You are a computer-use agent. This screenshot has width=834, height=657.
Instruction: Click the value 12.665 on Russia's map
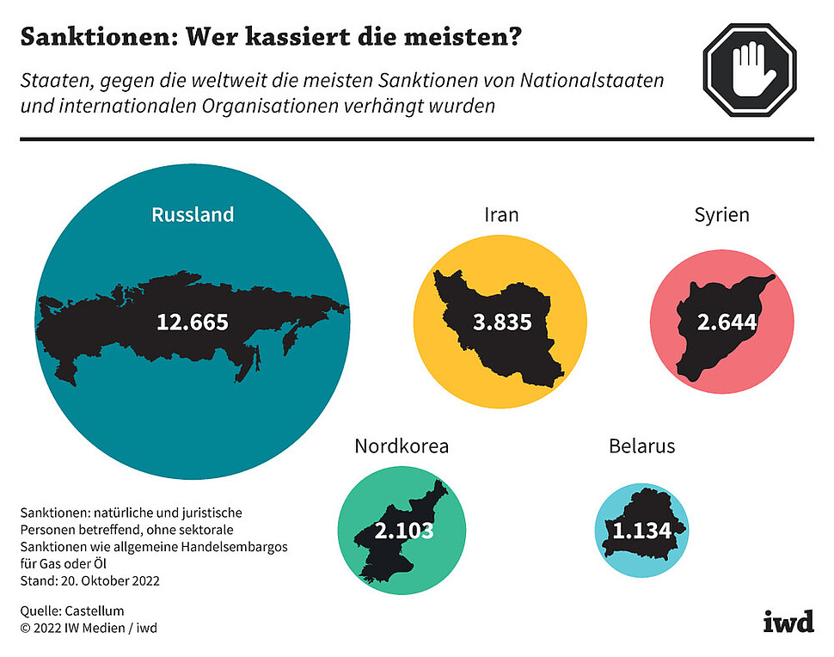193,322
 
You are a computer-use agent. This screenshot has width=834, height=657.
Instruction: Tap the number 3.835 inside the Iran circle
502,323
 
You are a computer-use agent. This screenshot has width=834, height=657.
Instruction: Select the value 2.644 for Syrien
727,322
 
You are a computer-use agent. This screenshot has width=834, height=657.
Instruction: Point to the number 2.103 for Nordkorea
403,531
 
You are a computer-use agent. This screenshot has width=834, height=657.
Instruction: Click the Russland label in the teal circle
193,215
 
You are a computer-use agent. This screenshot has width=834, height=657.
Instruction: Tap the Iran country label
501,214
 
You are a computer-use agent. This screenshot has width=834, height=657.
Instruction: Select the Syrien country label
721,215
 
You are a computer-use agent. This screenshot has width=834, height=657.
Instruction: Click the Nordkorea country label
402,446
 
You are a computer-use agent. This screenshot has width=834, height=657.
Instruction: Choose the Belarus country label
641,446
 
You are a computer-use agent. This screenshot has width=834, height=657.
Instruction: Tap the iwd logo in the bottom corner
788,622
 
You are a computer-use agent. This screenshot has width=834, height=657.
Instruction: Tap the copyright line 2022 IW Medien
89,628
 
